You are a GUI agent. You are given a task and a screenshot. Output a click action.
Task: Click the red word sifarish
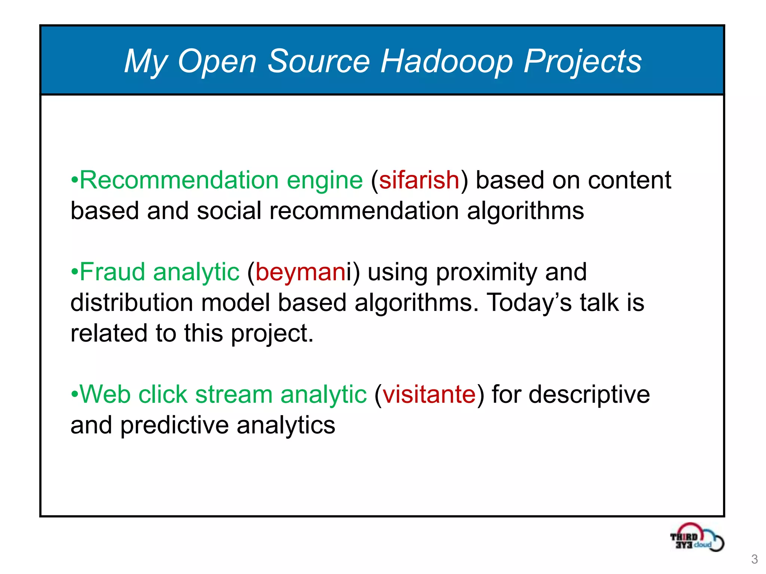(419, 180)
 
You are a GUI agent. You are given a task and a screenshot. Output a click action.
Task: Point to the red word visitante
(429, 394)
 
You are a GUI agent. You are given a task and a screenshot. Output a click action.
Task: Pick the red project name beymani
(301, 272)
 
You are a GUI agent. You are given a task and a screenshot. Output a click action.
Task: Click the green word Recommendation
(179, 180)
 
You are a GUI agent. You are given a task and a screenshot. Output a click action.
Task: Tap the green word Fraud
(112, 272)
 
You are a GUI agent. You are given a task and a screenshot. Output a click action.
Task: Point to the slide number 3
(754, 559)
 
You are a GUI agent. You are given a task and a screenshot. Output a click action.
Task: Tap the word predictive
(174, 426)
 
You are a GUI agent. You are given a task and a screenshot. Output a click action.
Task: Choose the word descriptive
(589, 395)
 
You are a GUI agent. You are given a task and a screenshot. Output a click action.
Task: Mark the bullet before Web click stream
(74, 394)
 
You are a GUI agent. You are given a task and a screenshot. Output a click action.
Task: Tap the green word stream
(234, 394)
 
